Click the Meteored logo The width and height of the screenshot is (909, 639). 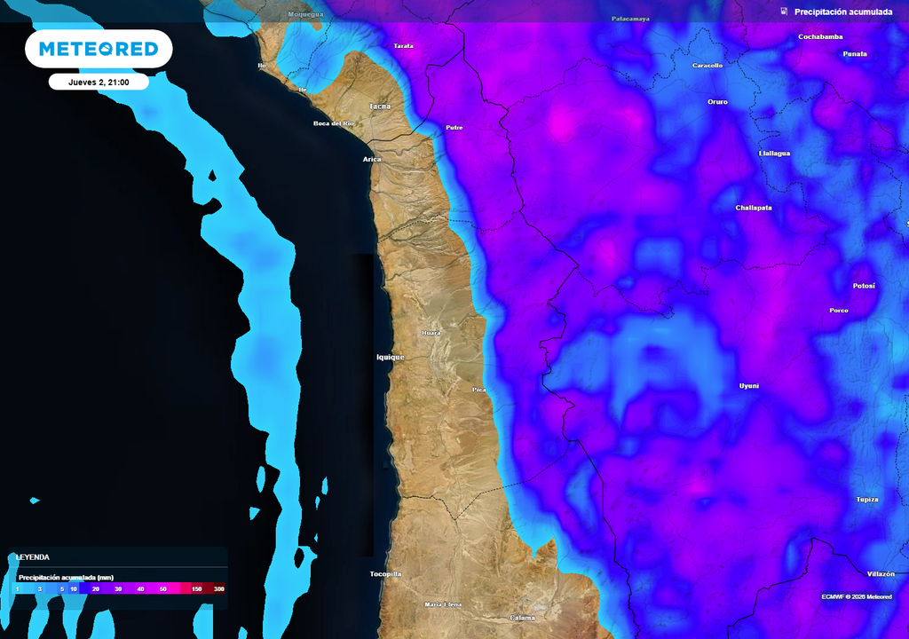(99, 49)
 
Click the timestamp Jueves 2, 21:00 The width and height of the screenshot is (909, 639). (99, 82)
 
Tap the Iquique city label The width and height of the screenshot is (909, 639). (390, 357)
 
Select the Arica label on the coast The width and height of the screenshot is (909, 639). (372, 159)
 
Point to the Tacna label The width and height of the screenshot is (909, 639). (380, 106)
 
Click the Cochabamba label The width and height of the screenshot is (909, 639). (820, 37)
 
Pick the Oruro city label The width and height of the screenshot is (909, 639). (717, 102)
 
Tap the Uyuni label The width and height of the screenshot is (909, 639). (749, 386)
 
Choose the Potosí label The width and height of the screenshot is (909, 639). (864, 286)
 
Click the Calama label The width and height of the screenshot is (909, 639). (523, 618)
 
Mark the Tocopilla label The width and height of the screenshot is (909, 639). (385, 574)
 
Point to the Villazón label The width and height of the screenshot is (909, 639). (881, 574)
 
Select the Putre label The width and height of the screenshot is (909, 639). (454, 128)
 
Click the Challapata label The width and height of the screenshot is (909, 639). (754, 208)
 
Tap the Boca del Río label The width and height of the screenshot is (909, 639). (334, 123)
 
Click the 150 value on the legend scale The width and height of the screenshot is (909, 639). (196, 589)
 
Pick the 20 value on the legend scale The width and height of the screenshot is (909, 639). (95, 589)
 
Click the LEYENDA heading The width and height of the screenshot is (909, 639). (32, 557)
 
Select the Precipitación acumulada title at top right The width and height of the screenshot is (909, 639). (842, 12)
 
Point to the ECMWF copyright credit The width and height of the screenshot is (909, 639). (858, 596)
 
